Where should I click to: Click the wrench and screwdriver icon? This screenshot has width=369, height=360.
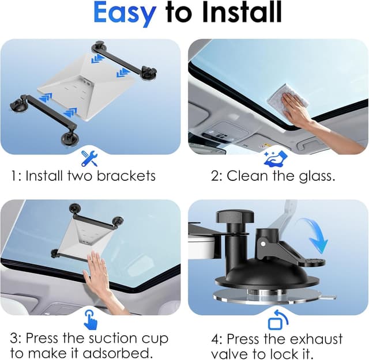tap(89, 157)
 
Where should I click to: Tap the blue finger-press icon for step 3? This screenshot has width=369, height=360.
tap(91, 319)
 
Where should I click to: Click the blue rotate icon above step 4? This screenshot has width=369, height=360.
tap(277, 319)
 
